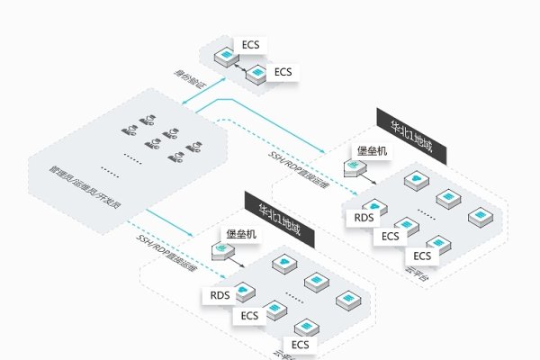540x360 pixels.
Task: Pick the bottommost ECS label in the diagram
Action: (300, 345)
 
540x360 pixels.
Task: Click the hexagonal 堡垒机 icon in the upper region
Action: (354, 168)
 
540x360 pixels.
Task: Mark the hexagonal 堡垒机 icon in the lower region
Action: (221, 250)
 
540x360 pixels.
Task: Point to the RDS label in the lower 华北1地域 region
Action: (220, 295)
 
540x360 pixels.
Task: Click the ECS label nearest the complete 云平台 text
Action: (423, 255)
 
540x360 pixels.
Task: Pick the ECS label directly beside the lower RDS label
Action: (251, 316)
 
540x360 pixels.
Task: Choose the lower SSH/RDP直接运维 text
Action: (161, 248)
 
